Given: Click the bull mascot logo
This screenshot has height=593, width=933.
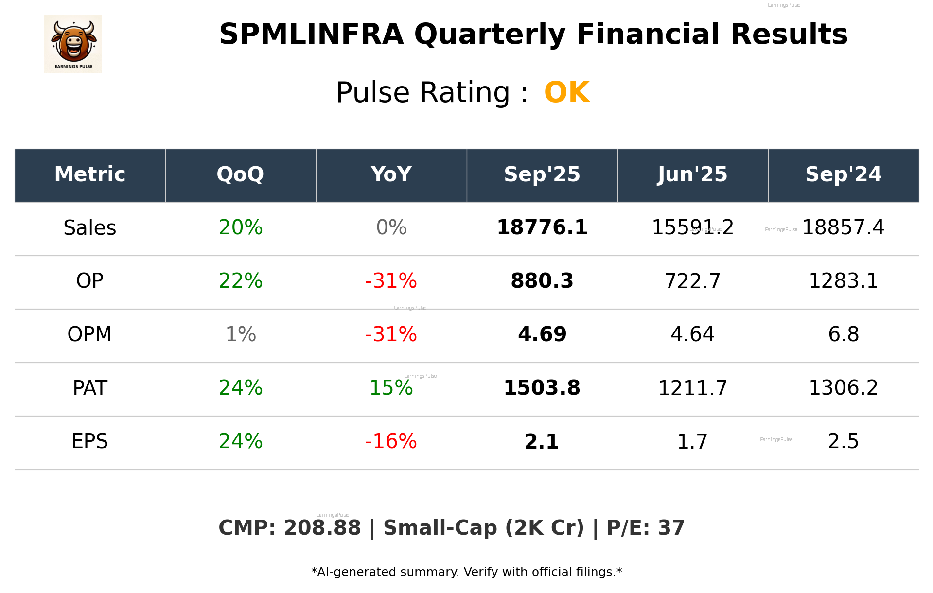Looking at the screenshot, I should [x=73, y=44].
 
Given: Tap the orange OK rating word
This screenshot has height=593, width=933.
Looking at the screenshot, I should [x=567, y=92].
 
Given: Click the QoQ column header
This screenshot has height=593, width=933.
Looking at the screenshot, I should [x=240, y=175].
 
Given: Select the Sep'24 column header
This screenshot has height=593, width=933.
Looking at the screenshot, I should [x=843, y=175].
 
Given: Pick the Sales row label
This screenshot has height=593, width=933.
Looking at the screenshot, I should [x=90, y=228].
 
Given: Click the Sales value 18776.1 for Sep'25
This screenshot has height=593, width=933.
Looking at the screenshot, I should [x=542, y=228].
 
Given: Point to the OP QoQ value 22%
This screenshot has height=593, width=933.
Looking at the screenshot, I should [x=240, y=281].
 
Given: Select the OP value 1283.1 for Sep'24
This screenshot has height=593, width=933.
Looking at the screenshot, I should [x=843, y=281].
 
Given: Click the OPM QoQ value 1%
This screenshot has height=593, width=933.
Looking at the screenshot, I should [x=240, y=335].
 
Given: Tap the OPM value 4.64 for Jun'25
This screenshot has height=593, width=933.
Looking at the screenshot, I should [x=692, y=335].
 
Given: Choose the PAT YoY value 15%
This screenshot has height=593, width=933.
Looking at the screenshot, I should [x=391, y=388].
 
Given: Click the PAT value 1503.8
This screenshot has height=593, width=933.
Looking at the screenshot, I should [x=542, y=388].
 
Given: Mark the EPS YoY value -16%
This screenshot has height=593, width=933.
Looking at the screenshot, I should [x=391, y=442].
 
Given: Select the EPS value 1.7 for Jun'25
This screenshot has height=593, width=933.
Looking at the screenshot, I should [x=692, y=442].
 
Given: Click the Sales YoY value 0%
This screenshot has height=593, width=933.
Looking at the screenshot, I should [x=391, y=228].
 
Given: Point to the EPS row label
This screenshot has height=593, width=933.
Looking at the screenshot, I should [x=90, y=442].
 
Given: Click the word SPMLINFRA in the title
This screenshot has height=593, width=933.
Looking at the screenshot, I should [x=311, y=35].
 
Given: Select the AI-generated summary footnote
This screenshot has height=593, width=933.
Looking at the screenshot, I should [x=466, y=572].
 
